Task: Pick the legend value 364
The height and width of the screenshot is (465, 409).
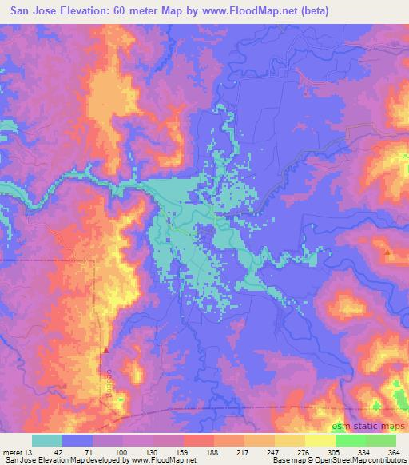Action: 394,451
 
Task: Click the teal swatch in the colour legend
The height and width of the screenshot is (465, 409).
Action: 46,440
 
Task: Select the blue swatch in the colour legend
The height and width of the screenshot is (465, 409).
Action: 77,440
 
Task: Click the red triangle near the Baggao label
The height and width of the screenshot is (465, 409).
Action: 105,349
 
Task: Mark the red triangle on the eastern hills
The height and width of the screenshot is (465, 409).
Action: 388,252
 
